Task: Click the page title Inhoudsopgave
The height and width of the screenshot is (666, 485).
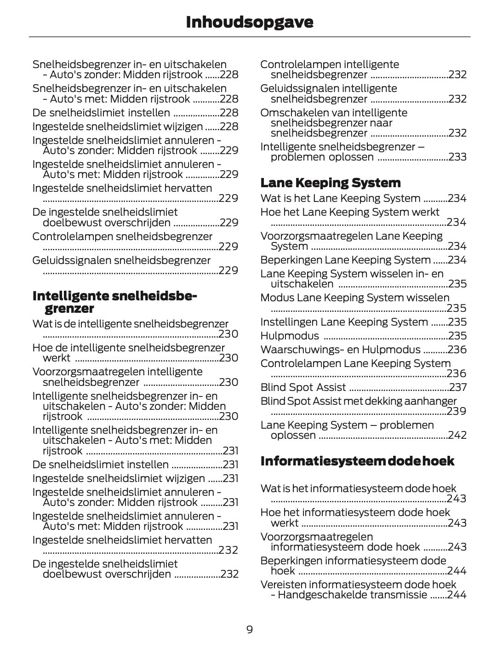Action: (x=250, y=22)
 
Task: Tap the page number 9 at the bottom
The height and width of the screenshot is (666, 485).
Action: (x=250, y=630)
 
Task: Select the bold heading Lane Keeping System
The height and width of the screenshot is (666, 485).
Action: (x=331, y=183)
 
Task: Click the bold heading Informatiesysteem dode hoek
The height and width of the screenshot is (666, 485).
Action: (x=357, y=461)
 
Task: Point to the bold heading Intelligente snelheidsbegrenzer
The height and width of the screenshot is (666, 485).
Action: (x=115, y=302)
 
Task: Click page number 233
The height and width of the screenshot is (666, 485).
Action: (x=457, y=157)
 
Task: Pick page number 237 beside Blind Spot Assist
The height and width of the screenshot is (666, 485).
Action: (x=458, y=387)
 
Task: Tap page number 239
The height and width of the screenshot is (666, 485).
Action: (x=456, y=411)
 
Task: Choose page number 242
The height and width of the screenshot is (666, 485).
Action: (x=457, y=435)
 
